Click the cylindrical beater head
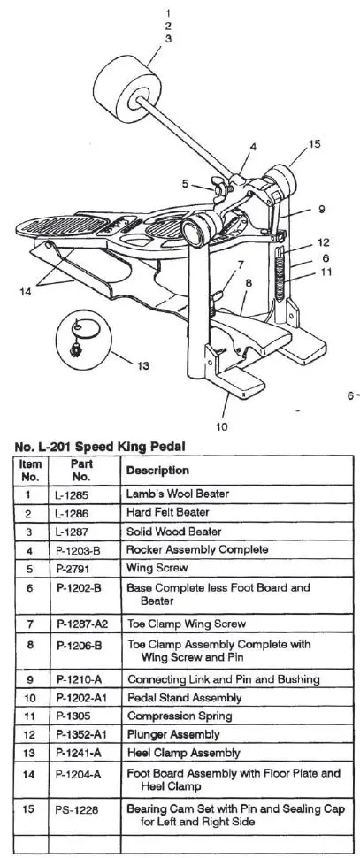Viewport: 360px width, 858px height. click(127, 89)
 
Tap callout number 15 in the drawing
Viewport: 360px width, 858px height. click(314, 144)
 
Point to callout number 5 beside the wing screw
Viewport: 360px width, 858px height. click(186, 184)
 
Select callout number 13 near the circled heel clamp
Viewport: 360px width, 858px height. click(142, 365)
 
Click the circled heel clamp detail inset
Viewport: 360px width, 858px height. click(83, 340)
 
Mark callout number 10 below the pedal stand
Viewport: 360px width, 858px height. click(221, 427)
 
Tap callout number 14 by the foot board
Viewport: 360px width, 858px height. click(25, 292)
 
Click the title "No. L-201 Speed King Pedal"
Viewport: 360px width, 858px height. click(100, 447)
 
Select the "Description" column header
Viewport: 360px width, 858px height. click(157, 471)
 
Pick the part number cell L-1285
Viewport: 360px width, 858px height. click(72, 494)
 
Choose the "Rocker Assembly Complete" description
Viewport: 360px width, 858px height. click(197, 549)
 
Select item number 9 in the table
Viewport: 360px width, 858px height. click(30, 679)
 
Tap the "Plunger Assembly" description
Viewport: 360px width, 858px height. click(173, 734)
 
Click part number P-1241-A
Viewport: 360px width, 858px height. click(79, 753)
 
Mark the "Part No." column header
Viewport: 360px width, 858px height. click(84, 470)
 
